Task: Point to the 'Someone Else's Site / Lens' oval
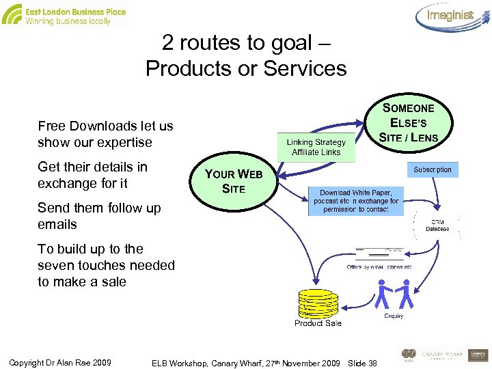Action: click(409, 123)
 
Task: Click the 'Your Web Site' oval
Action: click(234, 181)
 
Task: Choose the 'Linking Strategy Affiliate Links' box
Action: click(316, 147)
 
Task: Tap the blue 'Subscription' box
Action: click(433, 169)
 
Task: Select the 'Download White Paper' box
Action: click(355, 201)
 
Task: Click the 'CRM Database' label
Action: click(437, 225)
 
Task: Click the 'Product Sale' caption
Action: click(318, 323)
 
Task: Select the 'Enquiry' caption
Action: click(394, 316)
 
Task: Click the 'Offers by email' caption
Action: click(379, 266)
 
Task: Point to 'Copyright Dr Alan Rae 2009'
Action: click(61, 361)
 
